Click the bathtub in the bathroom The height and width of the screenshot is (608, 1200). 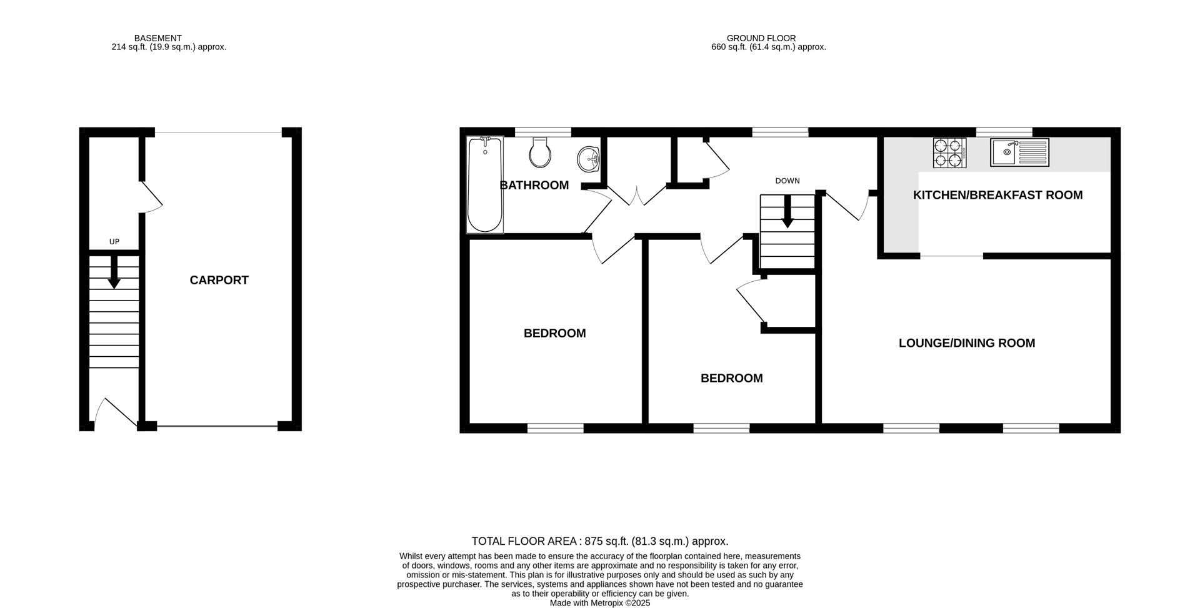click(485, 184)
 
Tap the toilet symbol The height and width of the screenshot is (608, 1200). click(539, 152)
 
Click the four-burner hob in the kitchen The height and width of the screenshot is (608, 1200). click(949, 153)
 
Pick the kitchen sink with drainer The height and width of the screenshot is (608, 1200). click(1019, 152)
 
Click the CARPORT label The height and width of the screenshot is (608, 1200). click(219, 281)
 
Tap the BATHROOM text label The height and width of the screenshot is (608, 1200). click(534, 186)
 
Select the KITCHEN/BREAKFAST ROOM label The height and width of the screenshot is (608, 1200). click(997, 195)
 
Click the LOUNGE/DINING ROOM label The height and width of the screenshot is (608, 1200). click(966, 343)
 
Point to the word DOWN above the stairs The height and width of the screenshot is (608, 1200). click(787, 181)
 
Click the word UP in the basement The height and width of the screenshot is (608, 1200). click(114, 242)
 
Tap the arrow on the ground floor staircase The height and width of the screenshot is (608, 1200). click(787, 212)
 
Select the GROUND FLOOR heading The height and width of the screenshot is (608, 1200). click(761, 38)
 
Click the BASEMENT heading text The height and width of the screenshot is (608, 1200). click(157, 38)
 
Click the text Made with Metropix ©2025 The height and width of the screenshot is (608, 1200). click(599, 603)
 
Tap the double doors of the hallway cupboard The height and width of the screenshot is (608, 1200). click(637, 195)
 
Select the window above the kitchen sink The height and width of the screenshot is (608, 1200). click(1004, 132)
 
